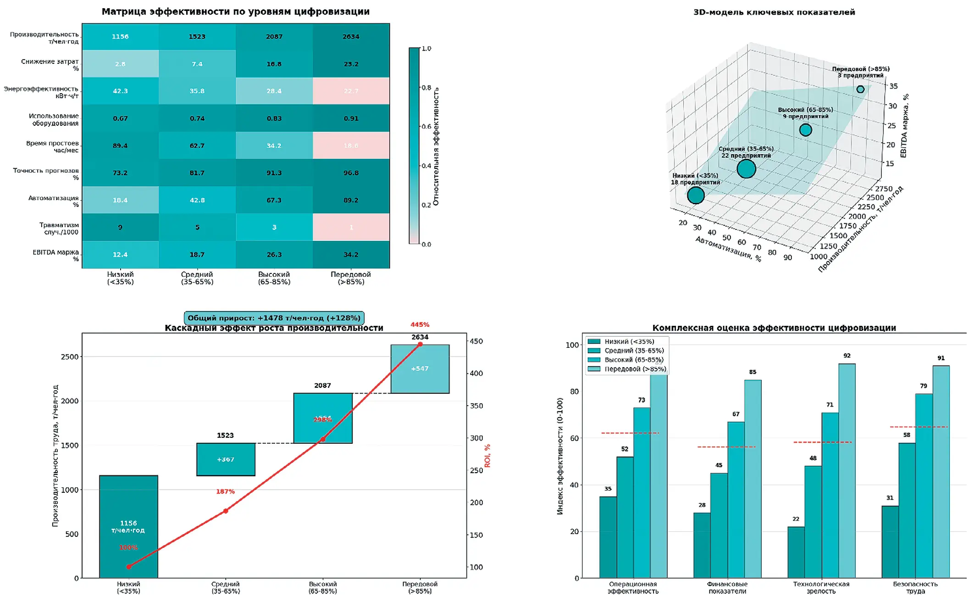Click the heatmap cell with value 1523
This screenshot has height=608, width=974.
coord(197,37)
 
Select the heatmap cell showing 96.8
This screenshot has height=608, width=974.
coord(351,173)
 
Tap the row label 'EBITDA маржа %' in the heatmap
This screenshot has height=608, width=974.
coord(55,256)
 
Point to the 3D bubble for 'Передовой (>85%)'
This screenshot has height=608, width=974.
coord(860,89)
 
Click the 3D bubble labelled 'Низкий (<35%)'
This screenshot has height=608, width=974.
coord(696,195)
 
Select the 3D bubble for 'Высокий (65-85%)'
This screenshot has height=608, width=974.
coord(805,130)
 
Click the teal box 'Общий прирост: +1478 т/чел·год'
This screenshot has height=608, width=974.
coord(274,318)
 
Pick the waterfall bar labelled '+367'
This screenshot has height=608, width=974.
coord(226,459)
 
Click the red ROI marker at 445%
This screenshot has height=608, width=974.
coord(420,344)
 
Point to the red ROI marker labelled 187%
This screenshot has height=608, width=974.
coord(226,511)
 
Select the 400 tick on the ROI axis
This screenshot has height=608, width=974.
coord(476,374)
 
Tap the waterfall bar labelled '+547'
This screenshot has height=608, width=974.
coord(420,369)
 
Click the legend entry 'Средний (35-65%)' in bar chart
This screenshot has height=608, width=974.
coord(634,351)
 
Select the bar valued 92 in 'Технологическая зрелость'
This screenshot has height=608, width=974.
coord(847,470)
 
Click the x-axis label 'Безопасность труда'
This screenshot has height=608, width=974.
coord(915,588)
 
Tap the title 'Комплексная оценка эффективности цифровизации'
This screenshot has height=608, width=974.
coord(774,328)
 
